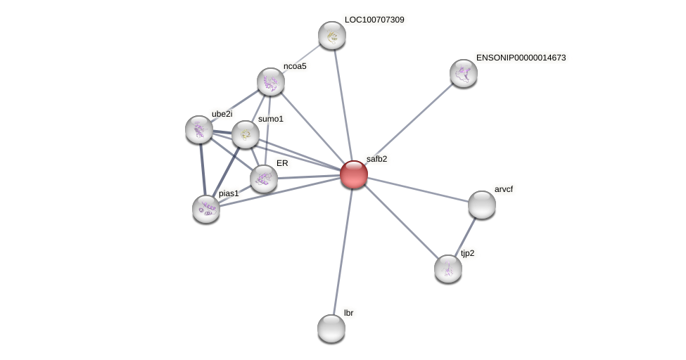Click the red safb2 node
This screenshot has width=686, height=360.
tap(353, 174)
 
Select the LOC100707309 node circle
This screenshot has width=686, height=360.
tap(332, 35)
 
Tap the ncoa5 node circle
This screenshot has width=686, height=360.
tap(271, 82)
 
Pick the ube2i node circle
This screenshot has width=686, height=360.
tap(199, 129)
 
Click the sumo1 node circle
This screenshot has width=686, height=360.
tap(246, 134)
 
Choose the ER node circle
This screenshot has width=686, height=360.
tap(264, 179)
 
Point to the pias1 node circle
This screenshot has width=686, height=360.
tap(206, 209)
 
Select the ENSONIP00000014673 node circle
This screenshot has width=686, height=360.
tap(464, 73)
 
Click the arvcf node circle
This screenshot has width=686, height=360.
tap(482, 205)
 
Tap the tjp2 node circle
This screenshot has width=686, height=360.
tap(448, 269)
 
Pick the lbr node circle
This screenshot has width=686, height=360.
tap(331, 328)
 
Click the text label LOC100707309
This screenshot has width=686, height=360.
tap(374, 20)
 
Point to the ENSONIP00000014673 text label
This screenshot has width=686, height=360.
tap(521, 58)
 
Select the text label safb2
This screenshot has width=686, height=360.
tap(376, 159)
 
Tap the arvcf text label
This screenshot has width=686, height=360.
tap(504, 189)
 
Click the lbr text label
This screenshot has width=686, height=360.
tap(348, 313)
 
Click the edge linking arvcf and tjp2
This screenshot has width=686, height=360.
tap(465, 237)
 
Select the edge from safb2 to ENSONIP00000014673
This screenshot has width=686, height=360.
tap(409, 124)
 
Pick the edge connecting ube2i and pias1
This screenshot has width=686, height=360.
tap(203, 169)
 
